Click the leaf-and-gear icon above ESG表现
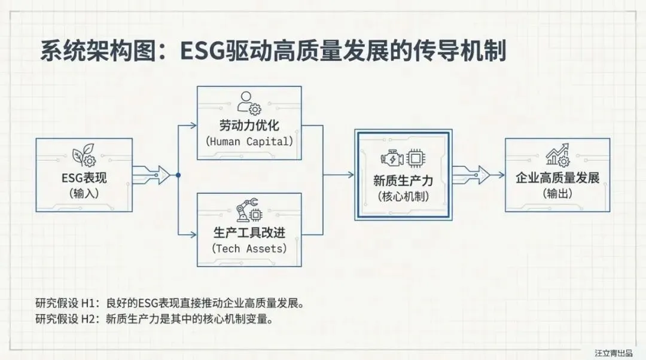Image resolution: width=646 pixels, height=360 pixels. (x=84, y=157)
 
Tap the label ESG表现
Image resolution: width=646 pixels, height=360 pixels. (x=84, y=178)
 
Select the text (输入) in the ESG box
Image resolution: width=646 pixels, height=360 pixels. (x=84, y=194)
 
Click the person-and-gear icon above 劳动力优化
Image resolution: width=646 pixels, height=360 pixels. (x=249, y=103)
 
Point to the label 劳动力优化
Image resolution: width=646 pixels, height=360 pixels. (x=249, y=126)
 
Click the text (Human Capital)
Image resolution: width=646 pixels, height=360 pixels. (x=249, y=142)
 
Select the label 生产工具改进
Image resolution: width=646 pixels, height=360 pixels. (x=249, y=232)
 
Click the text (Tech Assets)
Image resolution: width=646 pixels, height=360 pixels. (x=249, y=248)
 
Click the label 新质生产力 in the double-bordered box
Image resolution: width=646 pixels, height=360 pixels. (x=403, y=180)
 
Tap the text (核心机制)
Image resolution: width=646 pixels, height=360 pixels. (x=403, y=196)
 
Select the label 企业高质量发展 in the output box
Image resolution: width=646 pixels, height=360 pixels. (x=557, y=178)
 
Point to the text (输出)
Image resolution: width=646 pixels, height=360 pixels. (x=557, y=194)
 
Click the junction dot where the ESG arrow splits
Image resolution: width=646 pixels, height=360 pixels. (x=178, y=175)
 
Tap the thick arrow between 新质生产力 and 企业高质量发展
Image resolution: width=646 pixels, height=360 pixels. (x=471, y=175)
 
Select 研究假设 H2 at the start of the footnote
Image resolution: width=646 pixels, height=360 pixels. (x=60, y=319)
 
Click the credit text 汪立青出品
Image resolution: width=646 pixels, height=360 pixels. (x=613, y=353)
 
